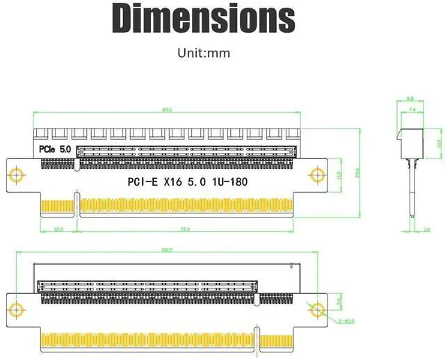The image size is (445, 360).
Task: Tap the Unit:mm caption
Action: click(x=204, y=53)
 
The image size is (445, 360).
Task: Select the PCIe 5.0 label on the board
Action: click(x=54, y=149)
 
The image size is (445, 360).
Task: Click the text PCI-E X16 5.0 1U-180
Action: click(x=186, y=182)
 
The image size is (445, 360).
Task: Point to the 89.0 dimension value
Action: click(x=167, y=110)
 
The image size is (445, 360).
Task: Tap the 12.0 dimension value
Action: click(x=58, y=229)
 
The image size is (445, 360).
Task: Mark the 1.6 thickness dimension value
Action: click(x=427, y=229)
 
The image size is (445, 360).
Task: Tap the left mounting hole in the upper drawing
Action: click(x=15, y=173)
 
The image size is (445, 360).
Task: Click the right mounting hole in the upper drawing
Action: click(x=318, y=173)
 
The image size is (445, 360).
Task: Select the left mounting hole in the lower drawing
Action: click(x=15, y=309)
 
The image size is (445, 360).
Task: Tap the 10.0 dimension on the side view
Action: click(x=437, y=142)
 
